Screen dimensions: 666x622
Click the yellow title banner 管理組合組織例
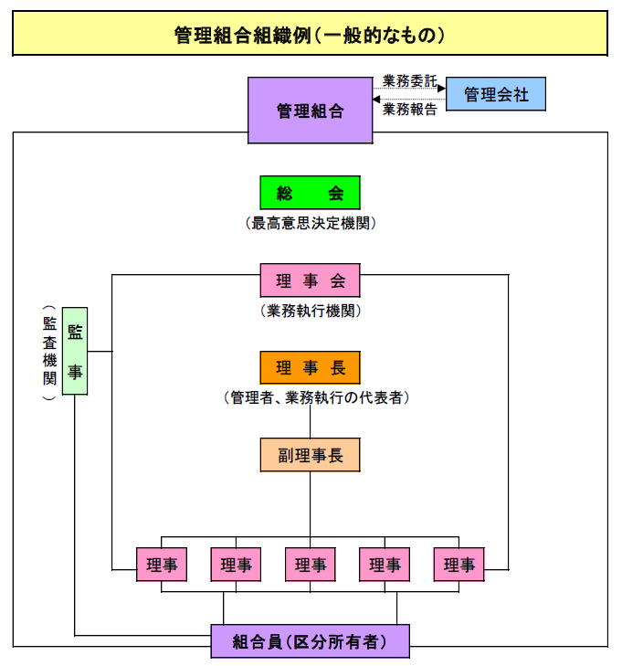click(310, 35)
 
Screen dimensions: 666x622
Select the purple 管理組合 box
click(310, 111)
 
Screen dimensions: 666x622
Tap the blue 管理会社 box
click(496, 94)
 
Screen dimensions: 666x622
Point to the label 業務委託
click(409, 80)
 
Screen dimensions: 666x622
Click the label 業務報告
click(409, 110)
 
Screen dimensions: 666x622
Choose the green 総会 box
click(310, 192)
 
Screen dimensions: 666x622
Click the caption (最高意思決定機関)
click(310, 223)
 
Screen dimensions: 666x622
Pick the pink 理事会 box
click(310, 280)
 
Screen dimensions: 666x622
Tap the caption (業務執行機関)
click(310, 311)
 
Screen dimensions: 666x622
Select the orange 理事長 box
click(310, 367)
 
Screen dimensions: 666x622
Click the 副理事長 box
click(310, 454)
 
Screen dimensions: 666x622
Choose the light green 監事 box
click(75, 351)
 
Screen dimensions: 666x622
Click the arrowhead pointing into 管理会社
click(442, 89)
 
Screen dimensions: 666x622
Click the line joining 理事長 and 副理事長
click(310, 422)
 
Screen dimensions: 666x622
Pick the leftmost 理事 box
click(161, 565)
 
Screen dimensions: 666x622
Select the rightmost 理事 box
click(459, 565)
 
